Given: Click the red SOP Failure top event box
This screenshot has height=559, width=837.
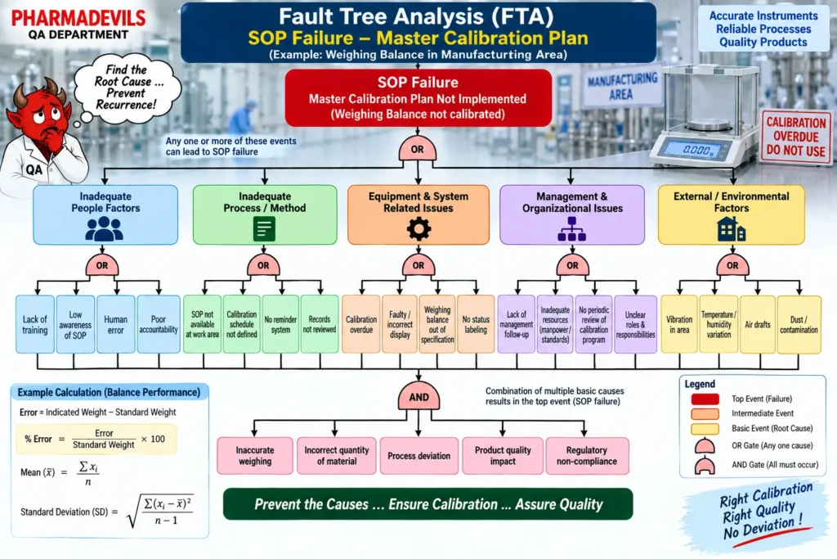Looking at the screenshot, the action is click(418, 97).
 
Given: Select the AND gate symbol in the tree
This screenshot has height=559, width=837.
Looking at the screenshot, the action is click(418, 396).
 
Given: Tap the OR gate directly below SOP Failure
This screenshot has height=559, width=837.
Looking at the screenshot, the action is click(418, 149).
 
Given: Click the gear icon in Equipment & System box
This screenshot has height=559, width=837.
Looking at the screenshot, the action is click(418, 228).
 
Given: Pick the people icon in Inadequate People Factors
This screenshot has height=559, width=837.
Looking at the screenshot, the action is click(104, 228).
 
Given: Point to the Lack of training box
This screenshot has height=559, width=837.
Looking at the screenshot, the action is click(34, 324).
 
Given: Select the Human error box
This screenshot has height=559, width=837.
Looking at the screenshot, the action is click(116, 324).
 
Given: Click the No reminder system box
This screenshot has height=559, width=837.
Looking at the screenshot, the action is click(280, 324).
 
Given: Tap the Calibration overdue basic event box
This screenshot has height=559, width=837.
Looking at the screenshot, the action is click(360, 324).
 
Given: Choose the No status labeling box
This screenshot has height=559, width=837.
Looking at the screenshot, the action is click(476, 324).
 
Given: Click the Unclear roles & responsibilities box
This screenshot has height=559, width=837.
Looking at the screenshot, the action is click(635, 324).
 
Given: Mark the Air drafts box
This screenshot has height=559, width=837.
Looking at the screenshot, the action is click(758, 324).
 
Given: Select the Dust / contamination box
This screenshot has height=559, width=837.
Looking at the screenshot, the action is click(799, 324).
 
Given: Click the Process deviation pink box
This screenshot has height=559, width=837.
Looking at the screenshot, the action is click(419, 456).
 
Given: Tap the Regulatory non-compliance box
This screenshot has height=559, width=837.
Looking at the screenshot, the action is click(587, 456).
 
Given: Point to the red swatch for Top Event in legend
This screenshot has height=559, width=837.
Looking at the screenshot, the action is click(705, 399).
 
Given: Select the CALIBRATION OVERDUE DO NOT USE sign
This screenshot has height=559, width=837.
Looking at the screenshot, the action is click(796, 137).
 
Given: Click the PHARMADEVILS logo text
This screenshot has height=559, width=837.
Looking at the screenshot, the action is click(78, 18).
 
